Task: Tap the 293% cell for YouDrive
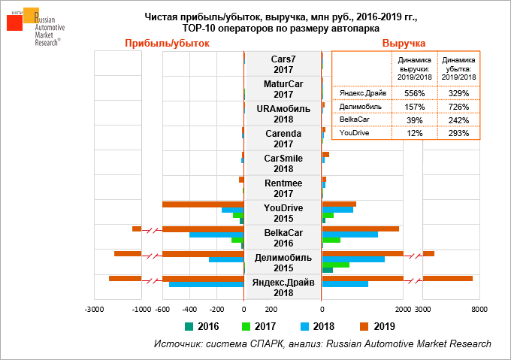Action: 458,133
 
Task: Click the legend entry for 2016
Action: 202,326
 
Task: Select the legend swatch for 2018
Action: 304,326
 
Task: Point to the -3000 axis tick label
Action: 94,308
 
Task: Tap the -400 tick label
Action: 189,308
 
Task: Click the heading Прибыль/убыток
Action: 167,43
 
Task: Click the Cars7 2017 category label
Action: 283,64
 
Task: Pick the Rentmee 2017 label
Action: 283,188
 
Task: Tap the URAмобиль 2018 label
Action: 283,113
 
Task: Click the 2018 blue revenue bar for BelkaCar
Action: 349,234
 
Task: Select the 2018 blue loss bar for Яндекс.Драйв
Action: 206,284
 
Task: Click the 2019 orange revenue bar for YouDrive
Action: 339,204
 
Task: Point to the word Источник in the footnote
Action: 177,343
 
